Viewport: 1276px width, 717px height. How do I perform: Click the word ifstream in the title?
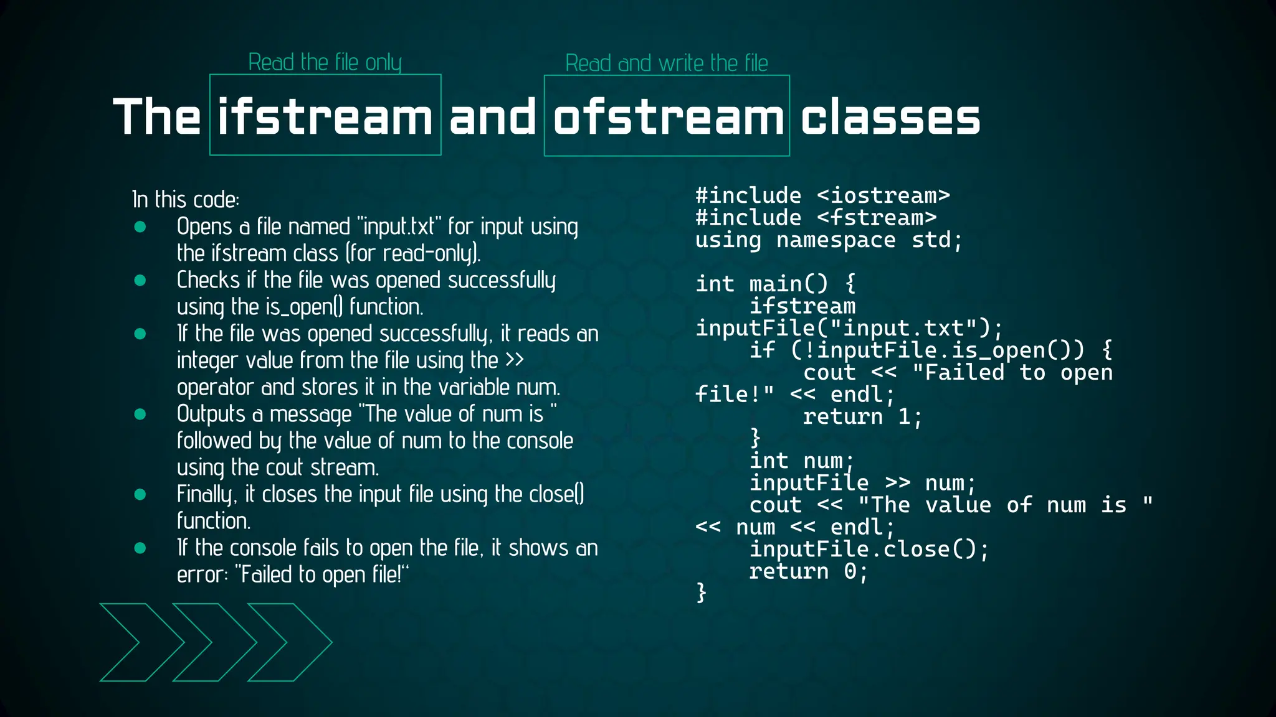(325, 117)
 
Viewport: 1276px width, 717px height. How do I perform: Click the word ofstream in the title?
(667, 117)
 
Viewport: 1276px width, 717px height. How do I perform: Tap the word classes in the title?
(890, 117)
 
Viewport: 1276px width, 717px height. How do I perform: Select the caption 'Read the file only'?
(325, 62)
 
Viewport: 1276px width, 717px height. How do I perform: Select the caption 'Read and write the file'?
(667, 63)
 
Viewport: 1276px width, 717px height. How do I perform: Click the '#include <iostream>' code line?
(822, 196)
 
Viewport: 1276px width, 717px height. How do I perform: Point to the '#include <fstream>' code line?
(816, 218)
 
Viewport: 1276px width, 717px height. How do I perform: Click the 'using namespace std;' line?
(829, 240)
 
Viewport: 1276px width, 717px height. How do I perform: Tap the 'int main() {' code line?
(776, 284)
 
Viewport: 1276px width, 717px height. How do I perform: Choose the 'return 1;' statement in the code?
(862, 417)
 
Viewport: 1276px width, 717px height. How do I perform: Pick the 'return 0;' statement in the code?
(808, 571)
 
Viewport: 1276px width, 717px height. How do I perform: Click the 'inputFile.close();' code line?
(869, 550)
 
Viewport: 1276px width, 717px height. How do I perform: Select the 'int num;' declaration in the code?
(801, 461)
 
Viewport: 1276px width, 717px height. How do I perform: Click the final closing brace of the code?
(702, 592)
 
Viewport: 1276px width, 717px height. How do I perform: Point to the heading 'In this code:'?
(186, 200)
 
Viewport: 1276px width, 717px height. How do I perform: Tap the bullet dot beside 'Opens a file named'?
(140, 227)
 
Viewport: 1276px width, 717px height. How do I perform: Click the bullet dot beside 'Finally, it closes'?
(140, 495)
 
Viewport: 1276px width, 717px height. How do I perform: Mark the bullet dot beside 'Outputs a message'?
(140, 415)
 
